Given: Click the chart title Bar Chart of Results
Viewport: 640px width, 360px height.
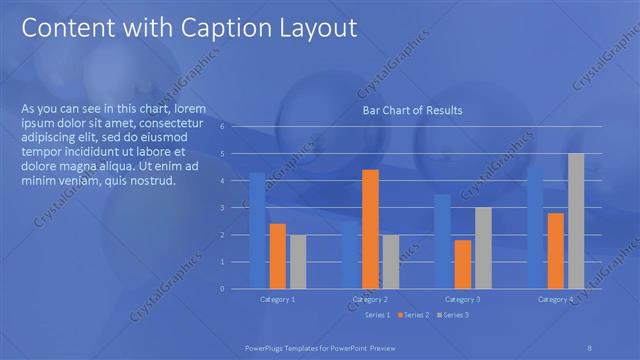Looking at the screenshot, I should [411, 111].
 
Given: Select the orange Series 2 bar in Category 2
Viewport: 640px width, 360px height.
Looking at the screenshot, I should [370, 229].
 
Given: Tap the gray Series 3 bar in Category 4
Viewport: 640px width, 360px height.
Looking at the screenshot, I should [576, 221].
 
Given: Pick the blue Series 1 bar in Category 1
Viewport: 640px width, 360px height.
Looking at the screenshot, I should [258, 230].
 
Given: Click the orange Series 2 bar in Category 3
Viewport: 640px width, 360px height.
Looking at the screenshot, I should [463, 264].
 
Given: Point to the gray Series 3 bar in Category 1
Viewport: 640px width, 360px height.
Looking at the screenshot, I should [298, 261].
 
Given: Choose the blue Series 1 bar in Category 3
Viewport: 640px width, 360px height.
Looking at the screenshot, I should [442, 241].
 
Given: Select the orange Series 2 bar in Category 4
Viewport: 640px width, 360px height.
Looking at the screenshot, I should [555, 250].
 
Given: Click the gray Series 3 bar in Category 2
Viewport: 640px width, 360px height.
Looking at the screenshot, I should [390, 261].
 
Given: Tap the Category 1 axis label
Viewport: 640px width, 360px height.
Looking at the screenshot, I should [277, 299].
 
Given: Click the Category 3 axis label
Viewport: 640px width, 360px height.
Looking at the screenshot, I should [462, 299].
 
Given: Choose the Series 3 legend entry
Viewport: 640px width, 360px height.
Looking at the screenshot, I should [451, 315].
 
